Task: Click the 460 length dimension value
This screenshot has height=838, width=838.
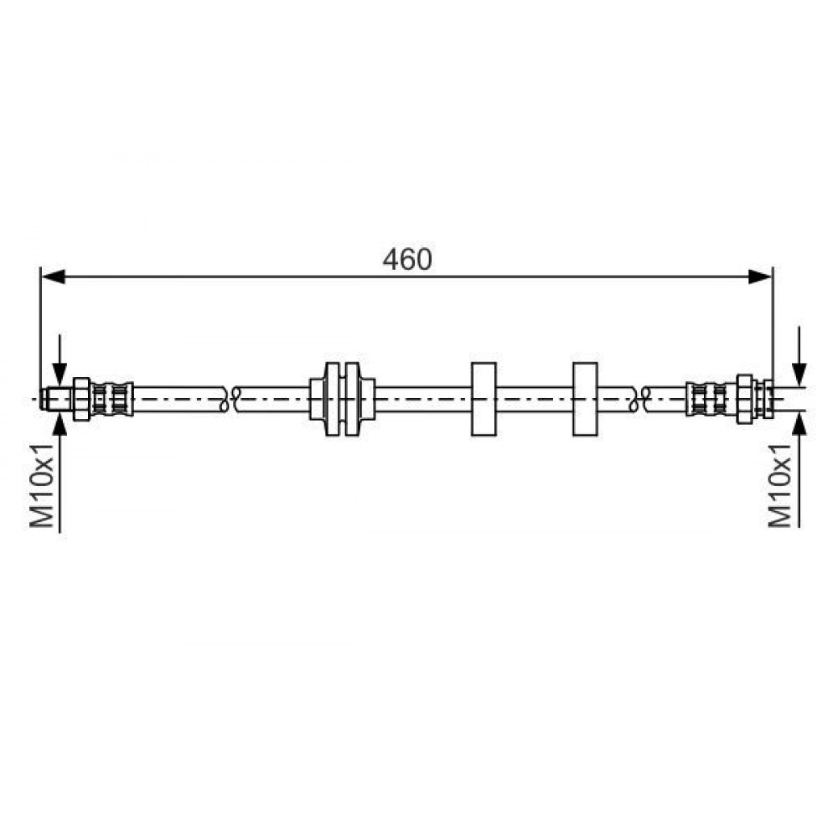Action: point(406,260)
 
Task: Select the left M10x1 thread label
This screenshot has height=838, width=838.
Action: point(42,484)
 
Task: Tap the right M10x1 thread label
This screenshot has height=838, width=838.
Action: point(779,484)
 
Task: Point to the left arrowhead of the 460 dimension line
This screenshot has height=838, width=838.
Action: point(53,277)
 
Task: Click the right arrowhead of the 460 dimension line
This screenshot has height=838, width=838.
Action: point(760,277)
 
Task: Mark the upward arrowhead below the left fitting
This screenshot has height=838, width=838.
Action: point(59,424)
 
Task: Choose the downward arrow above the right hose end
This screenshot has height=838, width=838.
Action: point(799,356)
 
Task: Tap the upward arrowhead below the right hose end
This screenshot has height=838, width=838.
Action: point(799,424)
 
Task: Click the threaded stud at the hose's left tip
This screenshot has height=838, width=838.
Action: point(56,399)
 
